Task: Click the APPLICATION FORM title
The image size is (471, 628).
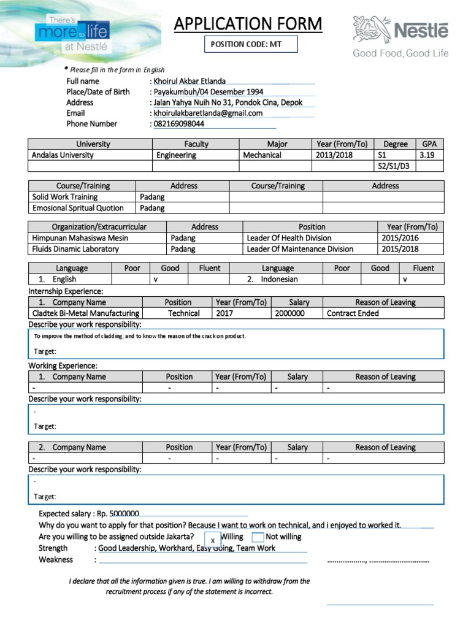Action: [248, 24]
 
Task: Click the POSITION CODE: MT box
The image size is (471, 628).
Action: [250, 44]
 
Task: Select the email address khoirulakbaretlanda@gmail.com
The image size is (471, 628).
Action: [209, 113]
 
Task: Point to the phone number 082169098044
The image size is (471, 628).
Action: [179, 123]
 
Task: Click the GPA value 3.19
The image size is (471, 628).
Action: [427, 155]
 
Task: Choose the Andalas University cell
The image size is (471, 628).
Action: [63, 155]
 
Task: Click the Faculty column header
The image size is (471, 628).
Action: [196, 144]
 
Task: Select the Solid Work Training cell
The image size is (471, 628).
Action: [65, 197]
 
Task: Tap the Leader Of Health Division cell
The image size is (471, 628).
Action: [289, 238]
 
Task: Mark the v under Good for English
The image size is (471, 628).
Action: [156, 279]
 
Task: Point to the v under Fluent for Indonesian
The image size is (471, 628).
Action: [405, 279]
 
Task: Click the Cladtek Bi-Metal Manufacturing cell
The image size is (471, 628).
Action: [85, 313]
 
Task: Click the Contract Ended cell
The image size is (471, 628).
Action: [353, 313]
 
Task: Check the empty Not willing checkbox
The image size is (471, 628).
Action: [258, 537]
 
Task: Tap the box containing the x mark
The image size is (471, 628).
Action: [212, 540]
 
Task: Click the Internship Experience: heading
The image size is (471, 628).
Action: [66, 291]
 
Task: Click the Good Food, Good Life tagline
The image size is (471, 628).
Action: [400, 53]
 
